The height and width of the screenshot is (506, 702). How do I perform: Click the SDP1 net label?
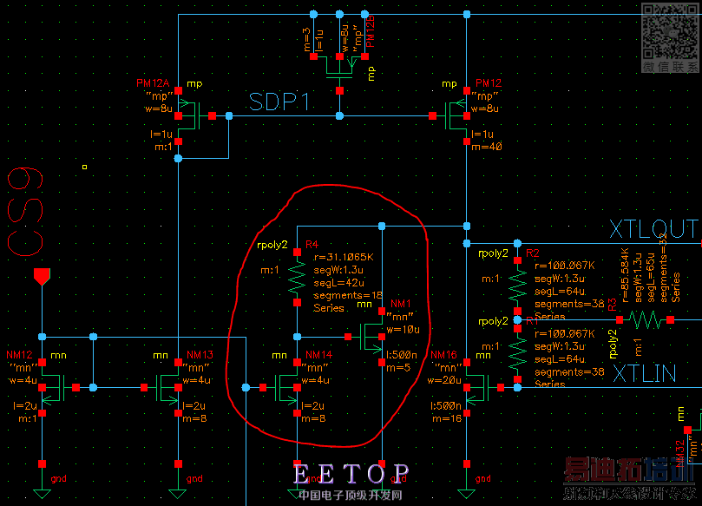pyautogui.click(x=279, y=102)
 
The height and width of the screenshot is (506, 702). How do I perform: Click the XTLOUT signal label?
pyautogui.click(x=653, y=229)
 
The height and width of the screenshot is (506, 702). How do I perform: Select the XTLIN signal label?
pyautogui.click(x=643, y=374)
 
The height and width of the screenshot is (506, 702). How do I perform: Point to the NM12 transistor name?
pyautogui.click(x=19, y=355)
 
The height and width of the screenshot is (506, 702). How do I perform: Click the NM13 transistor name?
pyautogui.click(x=200, y=355)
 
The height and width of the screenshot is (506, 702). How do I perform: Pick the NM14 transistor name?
pyautogui.click(x=319, y=355)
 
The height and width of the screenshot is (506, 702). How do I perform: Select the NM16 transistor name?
pyautogui.click(x=443, y=355)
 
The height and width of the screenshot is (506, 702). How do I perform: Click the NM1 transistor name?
pyautogui.click(x=400, y=304)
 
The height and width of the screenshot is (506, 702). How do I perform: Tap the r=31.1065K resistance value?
pyautogui.click(x=344, y=258)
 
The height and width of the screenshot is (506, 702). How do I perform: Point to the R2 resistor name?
pyautogui.click(x=532, y=253)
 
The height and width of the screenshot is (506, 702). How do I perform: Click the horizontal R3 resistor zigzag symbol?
pyautogui.click(x=645, y=320)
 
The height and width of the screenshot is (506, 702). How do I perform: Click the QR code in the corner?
pyautogui.click(x=670, y=30)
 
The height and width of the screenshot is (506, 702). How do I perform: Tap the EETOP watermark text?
pyautogui.click(x=351, y=474)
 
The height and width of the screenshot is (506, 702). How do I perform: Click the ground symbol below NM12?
pyautogui.click(x=41, y=492)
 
